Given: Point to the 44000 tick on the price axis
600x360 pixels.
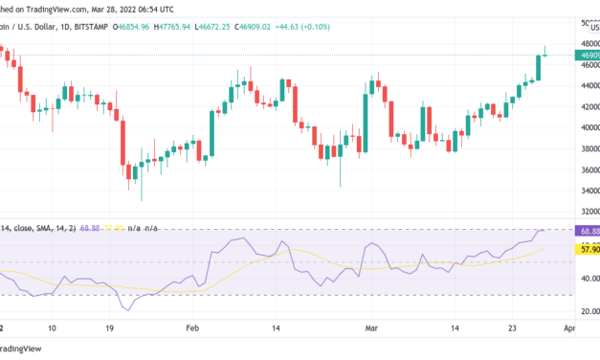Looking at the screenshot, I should (x=586, y=84).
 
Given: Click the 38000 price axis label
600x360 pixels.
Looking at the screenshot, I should (x=586, y=148).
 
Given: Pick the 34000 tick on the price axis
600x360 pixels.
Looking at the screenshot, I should (x=586, y=191).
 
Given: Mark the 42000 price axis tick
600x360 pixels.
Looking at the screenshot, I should (x=586, y=105).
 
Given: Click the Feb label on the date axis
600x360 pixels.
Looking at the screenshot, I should (x=192, y=327).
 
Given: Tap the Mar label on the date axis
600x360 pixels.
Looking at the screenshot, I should (x=372, y=327).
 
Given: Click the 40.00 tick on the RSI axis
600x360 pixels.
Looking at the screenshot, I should (x=586, y=279).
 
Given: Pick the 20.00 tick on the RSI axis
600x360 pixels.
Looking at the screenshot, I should (x=586, y=311).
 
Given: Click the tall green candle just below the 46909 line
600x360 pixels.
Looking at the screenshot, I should (x=537, y=67).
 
